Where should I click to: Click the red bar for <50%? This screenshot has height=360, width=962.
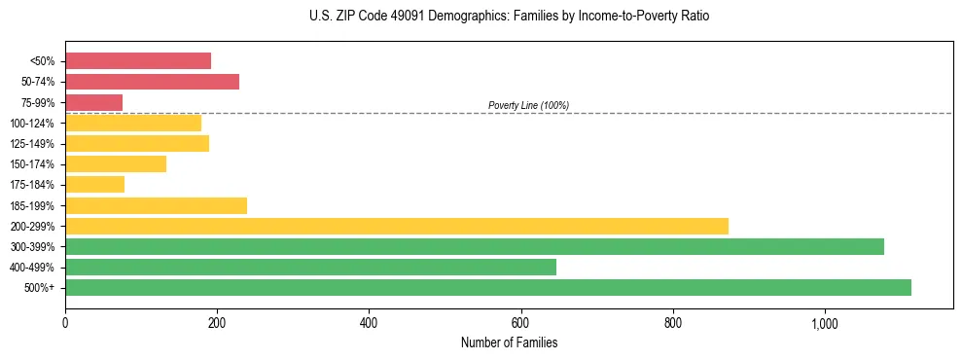pyautogui.click(x=138, y=60)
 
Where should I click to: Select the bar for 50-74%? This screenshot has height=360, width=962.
pyautogui.click(x=152, y=82)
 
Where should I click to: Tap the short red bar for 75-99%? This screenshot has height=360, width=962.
pyautogui.click(x=93, y=102)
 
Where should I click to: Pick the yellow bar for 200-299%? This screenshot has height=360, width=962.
pyautogui.click(x=397, y=226)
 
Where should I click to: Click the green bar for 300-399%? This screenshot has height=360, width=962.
pyautogui.click(x=475, y=246)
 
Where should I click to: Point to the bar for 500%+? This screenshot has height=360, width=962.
pyautogui.click(x=488, y=287)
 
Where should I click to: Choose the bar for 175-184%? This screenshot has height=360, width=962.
pyautogui.click(x=94, y=184)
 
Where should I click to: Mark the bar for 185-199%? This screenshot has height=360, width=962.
pyautogui.click(x=156, y=205)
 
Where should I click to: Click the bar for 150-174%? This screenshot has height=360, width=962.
pyautogui.click(x=116, y=163)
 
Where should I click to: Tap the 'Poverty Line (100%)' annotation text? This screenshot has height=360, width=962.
pyautogui.click(x=528, y=105)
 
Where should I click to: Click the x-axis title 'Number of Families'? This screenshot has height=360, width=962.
pyautogui.click(x=509, y=342)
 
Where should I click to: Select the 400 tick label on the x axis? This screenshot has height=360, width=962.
pyautogui.click(x=369, y=322)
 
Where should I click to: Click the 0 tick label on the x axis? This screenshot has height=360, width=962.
pyautogui.click(x=65, y=322)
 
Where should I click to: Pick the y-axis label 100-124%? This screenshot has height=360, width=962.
pyautogui.click(x=32, y=124)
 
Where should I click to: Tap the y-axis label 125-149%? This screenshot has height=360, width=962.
pyautogui.click(x=32, y=144)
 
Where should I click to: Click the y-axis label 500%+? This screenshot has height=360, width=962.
pyautogui.click(x=38, y=288)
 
